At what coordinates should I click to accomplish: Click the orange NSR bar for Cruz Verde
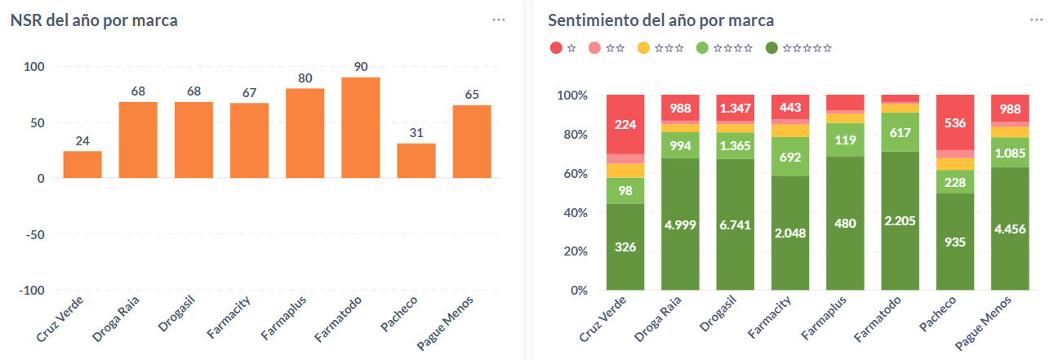[82, 164]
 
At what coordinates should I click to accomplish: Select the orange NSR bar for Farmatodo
[361, 127]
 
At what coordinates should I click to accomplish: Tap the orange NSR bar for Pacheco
[416, 161]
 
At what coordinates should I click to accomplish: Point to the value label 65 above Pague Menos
[472, 95]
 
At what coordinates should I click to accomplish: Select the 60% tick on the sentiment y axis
[572, 173]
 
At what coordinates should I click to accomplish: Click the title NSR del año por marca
[94, 20]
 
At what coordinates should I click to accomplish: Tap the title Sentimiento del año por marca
[661, 20]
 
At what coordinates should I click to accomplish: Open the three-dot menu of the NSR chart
[499, 20]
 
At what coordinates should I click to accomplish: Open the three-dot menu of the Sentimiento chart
[1037, 20]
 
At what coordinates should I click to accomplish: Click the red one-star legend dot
[556, 48]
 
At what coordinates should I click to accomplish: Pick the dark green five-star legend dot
[772, 48]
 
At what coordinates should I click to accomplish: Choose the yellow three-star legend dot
[643, 48]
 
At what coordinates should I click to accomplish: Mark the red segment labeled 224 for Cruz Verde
[625, 124]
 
